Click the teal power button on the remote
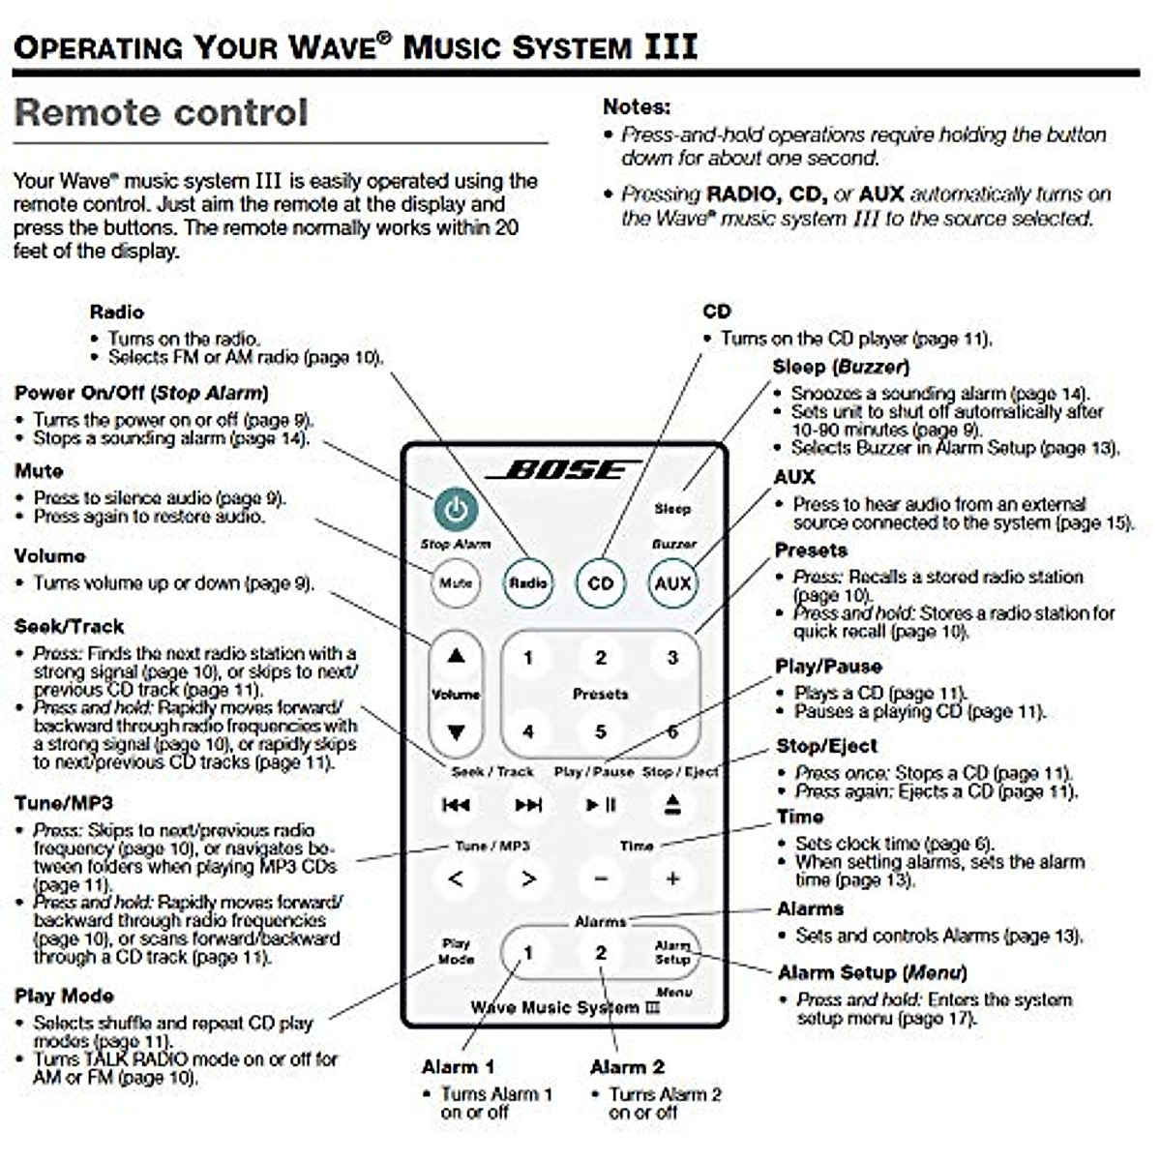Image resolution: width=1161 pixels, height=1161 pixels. pyautogui.click(x=456, y=509)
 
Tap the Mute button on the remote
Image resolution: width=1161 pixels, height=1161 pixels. pyautogui.click(x=455, y=583)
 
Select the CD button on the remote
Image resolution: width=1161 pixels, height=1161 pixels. pyautogui.click(x=600, y=583)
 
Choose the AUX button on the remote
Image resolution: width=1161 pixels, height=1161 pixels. pyautogui.click(x=672, y=583)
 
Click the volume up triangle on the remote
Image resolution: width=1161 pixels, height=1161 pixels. pyautogui.click(x=456, y=656)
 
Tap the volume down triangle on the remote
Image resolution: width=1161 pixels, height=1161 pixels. pyautogui.click(x=456, y=732)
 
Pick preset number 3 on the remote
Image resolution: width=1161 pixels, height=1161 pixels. pyautogui.click(x=672, y=658)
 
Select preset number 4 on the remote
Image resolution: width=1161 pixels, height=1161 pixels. pyautogui.click(x=528, y=731)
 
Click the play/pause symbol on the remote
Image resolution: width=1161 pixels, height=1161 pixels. pyautogui.click(x=601, y=805)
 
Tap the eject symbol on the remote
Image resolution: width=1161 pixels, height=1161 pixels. pyautogui.click(x=673, y=805)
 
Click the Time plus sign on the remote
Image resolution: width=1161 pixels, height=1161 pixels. pyautogui.click(x=672, y=878)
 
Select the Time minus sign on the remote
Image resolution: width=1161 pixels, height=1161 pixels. pyautogui.click(x=601, y=878)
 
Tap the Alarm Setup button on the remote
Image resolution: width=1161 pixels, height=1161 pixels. pyautogui.click(x=672, y=952)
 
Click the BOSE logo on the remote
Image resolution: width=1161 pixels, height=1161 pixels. pyautogui.click(x=562, y=470)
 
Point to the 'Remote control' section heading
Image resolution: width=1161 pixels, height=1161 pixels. pyautogui.click(x=161, y=112)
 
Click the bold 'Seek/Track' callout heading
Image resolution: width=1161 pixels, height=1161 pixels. pyautogui.click(x=69, y=626)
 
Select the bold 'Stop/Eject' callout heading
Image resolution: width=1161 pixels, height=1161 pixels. pyautogui.click(x=826, y=746)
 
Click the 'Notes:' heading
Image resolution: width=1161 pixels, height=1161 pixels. pyautogui.click(x=636, y=106)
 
